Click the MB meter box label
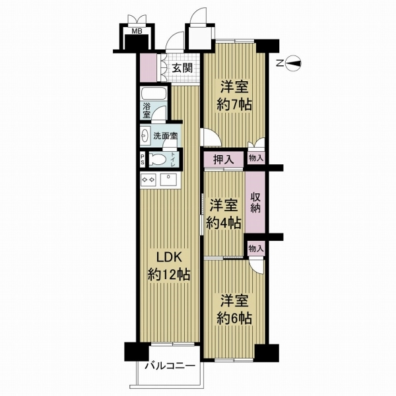(x=137, y=31)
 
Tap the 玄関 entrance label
(x=182, y=68)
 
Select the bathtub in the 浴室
(x=154, y=94)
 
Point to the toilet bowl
(x=158, y=160)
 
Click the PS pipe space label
(x=143, y=159)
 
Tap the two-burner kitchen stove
(x=148, y=180)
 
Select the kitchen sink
(x=168, y=180)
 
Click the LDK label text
(x=169, y=257)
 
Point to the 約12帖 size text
(x=169, y=275)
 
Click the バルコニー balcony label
(x=170, y=366)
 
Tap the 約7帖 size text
(x=234, y=104)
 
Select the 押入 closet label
(x=224, y=159)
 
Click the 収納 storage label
(x=255, y=203)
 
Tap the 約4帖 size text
(x=224, y=223)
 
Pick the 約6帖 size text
(x=234, y=318)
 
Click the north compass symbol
(x=293, y=63)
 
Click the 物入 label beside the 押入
(x=256, y=158)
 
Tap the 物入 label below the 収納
(x=256, y=249)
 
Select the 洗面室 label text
(x=166, y=136)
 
